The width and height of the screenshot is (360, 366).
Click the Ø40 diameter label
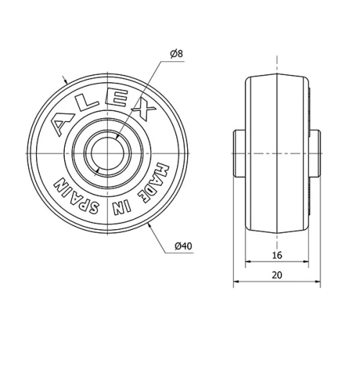[x=183, y=247]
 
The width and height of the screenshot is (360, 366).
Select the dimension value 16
[x=276, y=254]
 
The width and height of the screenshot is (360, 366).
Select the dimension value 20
[x=276, y=274]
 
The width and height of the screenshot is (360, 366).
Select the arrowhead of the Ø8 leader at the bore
[x=114, y=135]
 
